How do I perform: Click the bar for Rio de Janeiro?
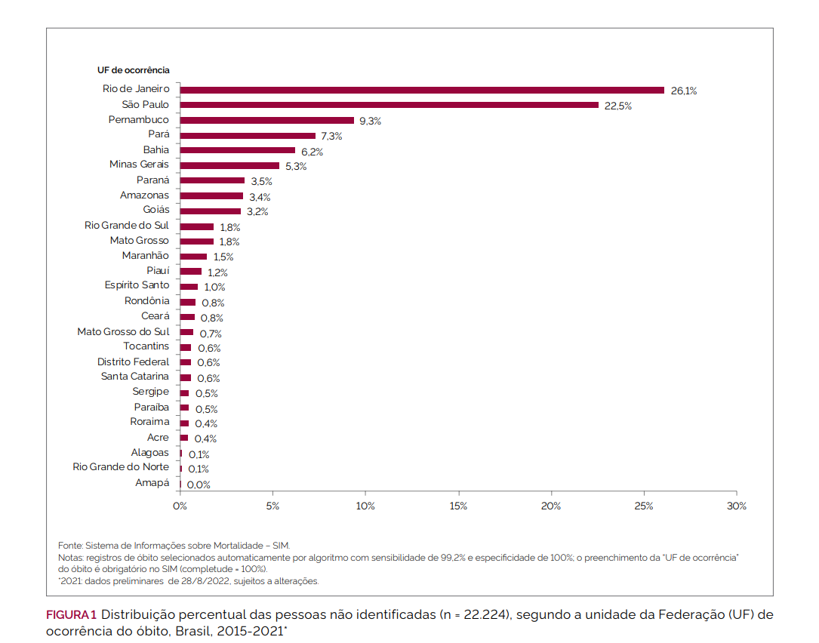point(422,90)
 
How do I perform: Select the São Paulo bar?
point(389,105)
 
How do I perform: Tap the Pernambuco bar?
point(266,120)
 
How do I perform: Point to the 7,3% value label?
point(331,137)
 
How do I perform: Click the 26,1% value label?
point(684,91)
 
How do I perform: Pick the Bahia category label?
point(156,150)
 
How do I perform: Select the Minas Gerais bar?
point(229,165)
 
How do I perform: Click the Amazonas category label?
point(144,195)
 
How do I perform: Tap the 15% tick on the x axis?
point(458,506)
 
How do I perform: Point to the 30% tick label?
point(736,506)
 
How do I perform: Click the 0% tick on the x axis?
point(180,506)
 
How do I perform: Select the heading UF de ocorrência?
point(133,70)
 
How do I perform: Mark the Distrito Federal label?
point(133,362)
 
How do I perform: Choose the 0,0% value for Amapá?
point(199,485)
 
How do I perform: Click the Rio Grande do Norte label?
point(121,467)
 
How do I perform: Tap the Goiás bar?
point(210,211)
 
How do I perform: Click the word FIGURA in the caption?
point(66,615)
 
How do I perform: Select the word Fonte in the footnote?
point(70,546)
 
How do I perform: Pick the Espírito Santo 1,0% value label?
point(214,288)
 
